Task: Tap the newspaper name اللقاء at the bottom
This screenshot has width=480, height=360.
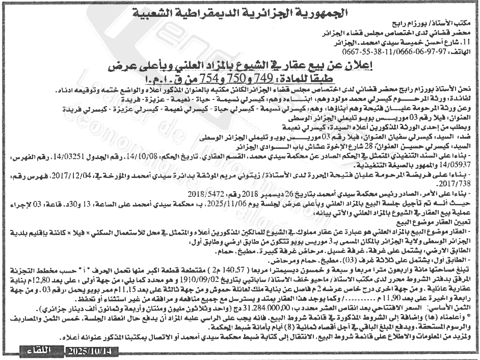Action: tap(39, 351)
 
